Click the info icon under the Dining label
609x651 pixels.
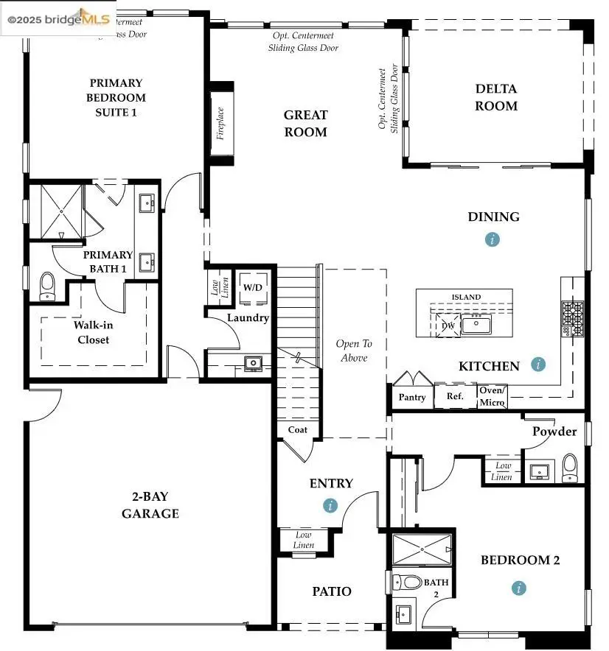493,239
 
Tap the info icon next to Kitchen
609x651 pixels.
539,364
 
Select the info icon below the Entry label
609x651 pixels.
330,505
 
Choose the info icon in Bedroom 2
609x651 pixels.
520,588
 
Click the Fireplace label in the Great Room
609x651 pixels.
220,123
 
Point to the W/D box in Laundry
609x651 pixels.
251,287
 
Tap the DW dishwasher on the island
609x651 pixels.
448,325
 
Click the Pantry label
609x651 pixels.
412,397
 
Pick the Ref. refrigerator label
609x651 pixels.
455,396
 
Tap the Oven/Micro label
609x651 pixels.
492,397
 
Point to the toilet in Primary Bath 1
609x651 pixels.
48,286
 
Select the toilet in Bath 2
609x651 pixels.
406,582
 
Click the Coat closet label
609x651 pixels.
298,430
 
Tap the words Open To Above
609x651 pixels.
354,351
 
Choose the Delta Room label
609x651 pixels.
495,97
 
